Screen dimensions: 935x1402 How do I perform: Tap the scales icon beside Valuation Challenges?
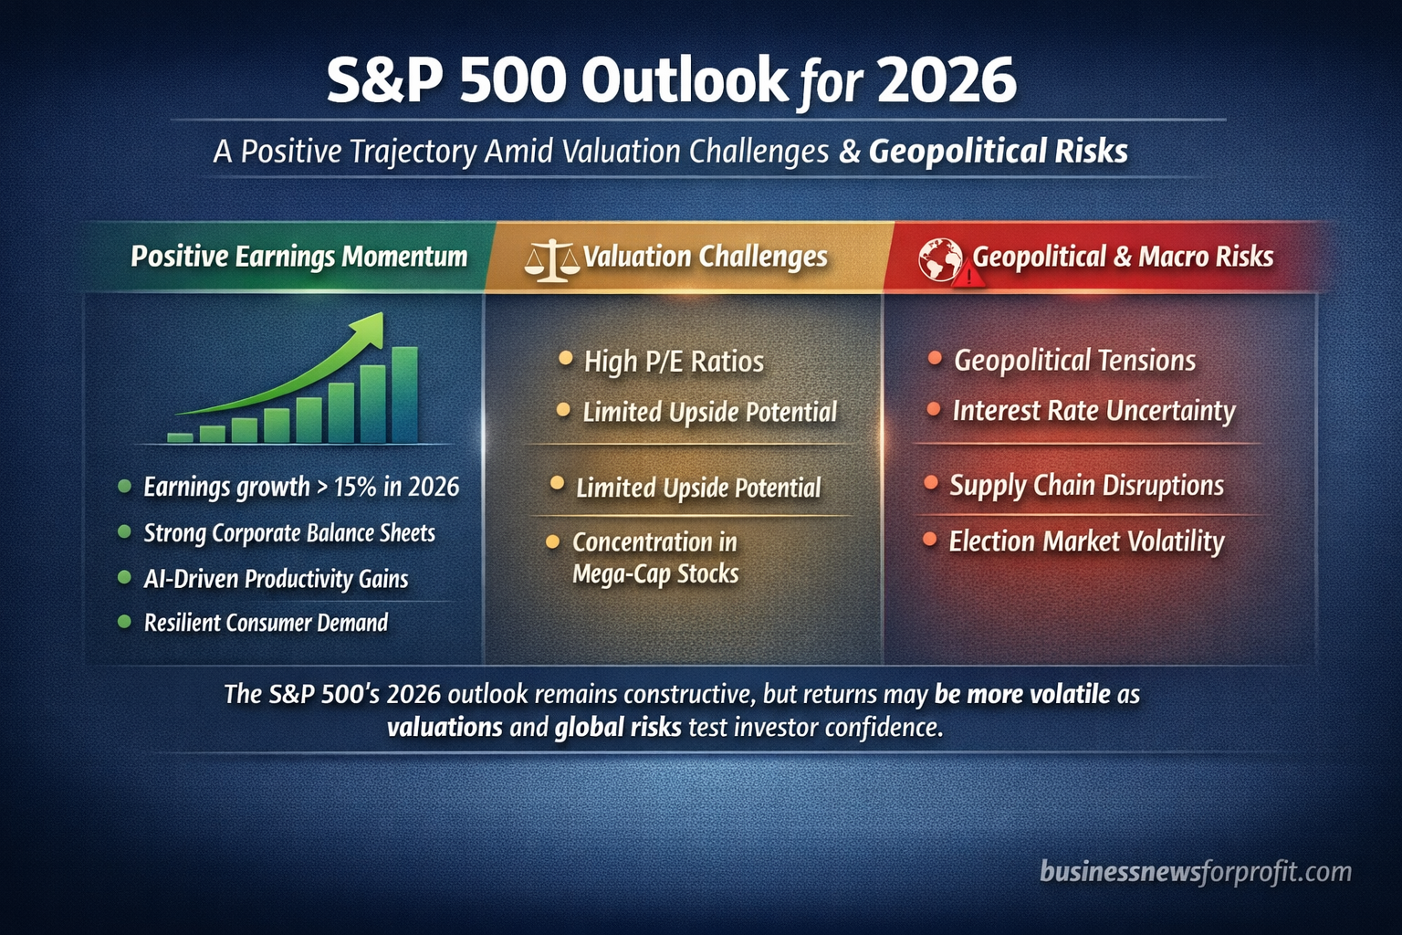tap(551, 259)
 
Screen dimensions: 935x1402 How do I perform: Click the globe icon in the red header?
tap(938, 257)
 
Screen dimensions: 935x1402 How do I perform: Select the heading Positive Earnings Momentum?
tap(298, 257)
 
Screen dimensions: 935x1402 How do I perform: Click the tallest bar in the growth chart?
tap(404, 394)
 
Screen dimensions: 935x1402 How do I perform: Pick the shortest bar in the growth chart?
tap(180, 437)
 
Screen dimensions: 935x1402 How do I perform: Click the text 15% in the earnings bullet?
tap(355, 487)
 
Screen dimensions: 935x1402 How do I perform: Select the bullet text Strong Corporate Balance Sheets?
tap(289, 533)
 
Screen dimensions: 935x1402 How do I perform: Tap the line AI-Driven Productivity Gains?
tap(276, 579)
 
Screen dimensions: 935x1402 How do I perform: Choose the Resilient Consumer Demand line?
tap(266, 623)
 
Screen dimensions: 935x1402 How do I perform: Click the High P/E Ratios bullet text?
tap(674, 362)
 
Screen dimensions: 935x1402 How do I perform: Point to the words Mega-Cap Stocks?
tap(655, 574)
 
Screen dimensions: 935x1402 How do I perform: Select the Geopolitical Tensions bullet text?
tap(1074, 361)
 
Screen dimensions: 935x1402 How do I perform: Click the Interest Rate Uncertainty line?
tap(1093, 411)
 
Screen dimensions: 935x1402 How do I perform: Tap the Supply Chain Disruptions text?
tap(1086, 485)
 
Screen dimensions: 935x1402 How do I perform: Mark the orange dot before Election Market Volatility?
tap(929, 540)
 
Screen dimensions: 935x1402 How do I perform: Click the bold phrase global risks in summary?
tap(618, 727)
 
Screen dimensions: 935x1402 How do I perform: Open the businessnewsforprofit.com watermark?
tap(1195, 872)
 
